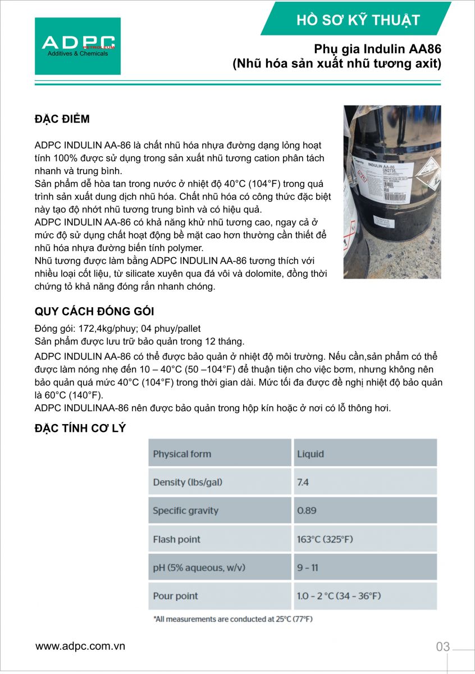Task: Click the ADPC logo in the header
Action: (77, 46)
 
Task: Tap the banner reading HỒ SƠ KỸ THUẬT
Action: (358, 21)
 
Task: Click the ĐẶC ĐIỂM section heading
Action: (62, 119)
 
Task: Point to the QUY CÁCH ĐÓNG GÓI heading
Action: (94, 312)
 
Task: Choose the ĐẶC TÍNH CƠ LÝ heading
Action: (80, 429)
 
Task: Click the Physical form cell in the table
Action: (182, 454)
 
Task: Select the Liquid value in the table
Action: (310, 454)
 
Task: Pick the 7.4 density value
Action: (303, 482)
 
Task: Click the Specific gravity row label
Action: (185, 511)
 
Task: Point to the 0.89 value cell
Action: (307, 511)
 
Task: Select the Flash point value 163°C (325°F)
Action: (325, 539)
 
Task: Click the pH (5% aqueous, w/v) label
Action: (199, 568)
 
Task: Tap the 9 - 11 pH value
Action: (307, 568)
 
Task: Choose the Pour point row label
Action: (175, 596)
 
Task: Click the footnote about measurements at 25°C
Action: (232, 619)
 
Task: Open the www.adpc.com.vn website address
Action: (80, 646)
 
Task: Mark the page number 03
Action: (443, 646)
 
